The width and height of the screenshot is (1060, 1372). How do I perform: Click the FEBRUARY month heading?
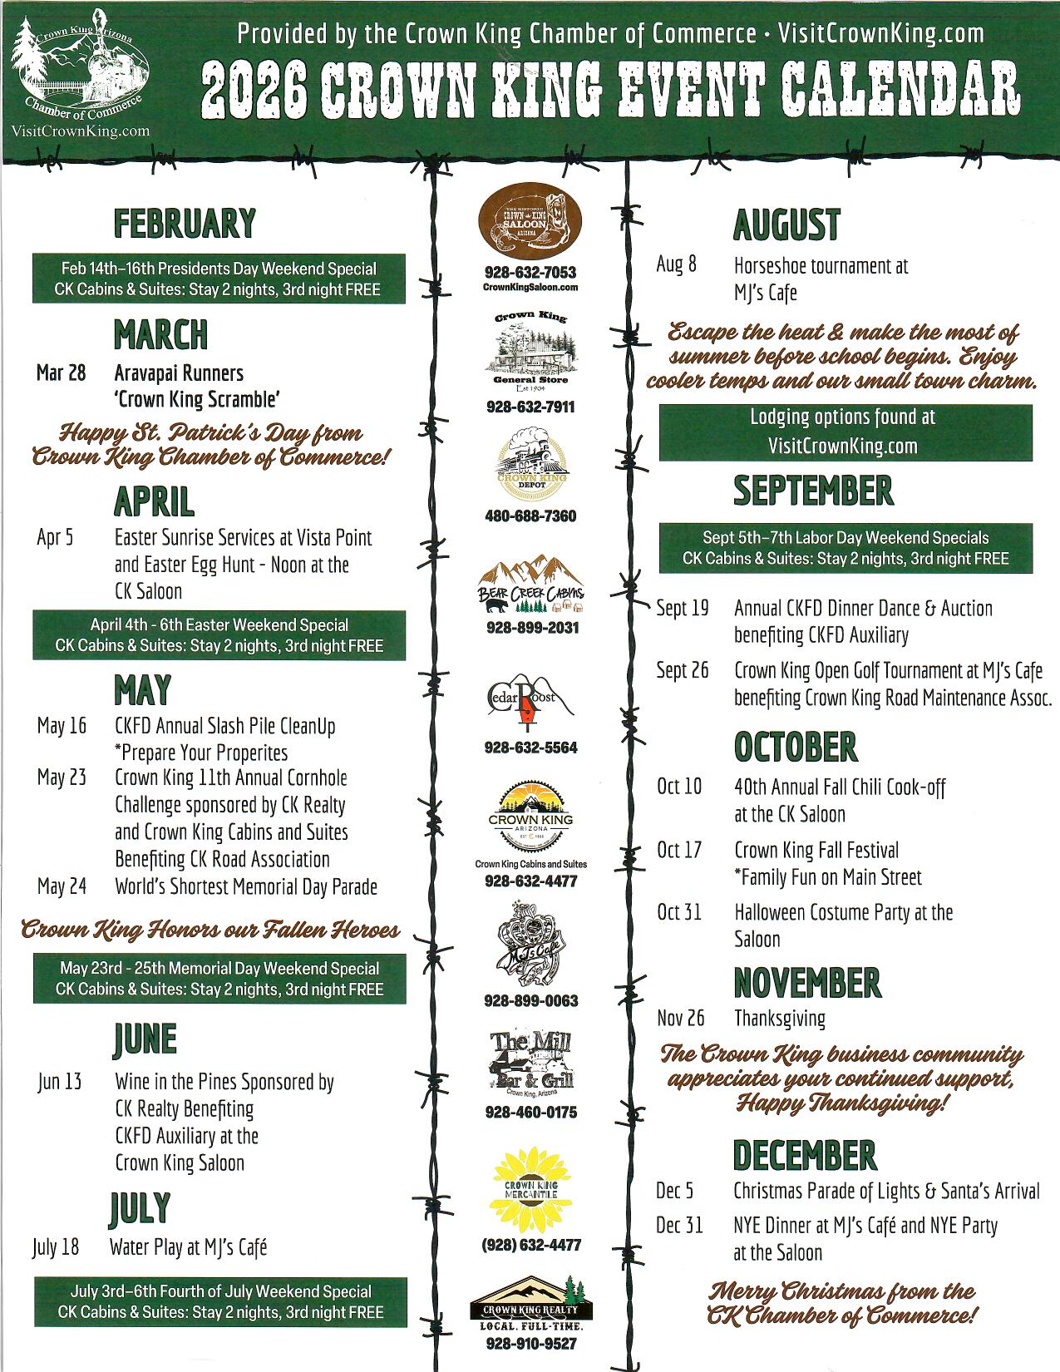184,224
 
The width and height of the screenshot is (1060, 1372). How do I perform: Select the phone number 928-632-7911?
530,407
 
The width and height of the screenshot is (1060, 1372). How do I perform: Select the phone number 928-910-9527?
530,1344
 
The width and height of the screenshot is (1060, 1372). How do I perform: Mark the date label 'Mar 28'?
61,373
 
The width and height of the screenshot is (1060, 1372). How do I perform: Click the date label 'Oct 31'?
679,912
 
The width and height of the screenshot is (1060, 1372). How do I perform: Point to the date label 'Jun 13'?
60,1082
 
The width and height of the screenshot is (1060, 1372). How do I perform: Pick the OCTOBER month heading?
796,747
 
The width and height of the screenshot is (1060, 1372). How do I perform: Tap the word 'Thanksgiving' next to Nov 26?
779,1018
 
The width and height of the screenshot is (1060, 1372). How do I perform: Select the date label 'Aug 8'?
677,265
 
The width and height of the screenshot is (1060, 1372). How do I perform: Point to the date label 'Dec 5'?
674,1191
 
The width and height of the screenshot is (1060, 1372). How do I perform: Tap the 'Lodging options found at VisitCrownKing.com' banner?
845,432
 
